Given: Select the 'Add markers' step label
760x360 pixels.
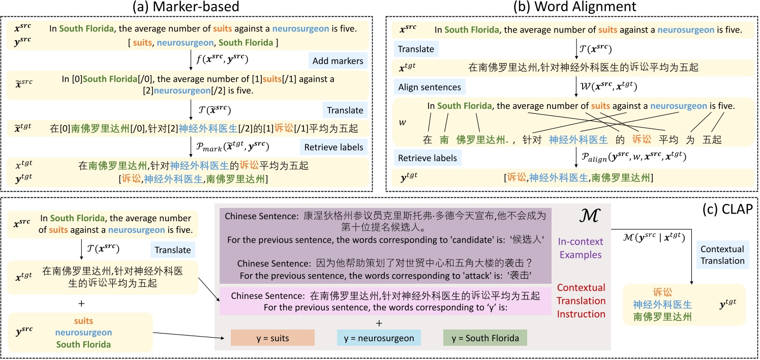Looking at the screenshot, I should click(x=338, y=61).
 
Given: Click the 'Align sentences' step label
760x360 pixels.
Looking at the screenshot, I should click(x=430, y=87).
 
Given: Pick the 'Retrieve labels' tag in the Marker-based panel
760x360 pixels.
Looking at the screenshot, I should click(x=333, y=147).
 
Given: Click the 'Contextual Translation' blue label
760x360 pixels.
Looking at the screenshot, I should click(x=722, y=255).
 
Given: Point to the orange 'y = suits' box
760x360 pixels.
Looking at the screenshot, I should click(x=272, y=338).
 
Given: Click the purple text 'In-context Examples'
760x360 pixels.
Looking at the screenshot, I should click(x=581, y=248).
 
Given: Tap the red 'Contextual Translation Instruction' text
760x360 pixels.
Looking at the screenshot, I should click(x=581, y=301).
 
